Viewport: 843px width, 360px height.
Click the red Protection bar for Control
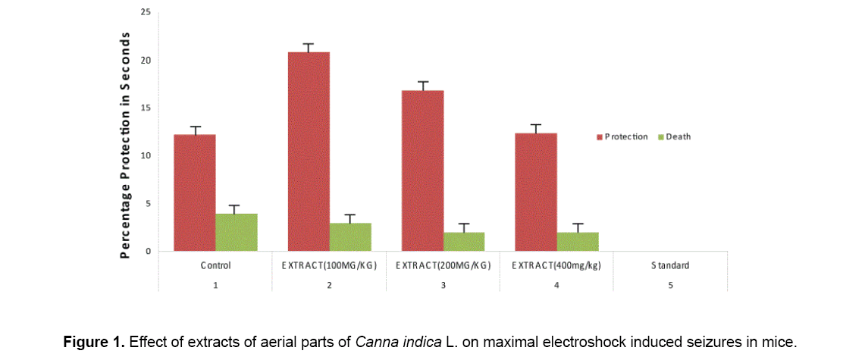(x=195, y=193)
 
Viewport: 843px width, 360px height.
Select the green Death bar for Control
(x=237, y=232)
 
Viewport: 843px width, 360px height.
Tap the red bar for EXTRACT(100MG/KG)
(x=309, y=151)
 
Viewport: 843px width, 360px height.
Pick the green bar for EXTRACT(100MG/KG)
(x=350, y=236)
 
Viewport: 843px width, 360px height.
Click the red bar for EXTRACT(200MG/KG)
(x=422, y=171)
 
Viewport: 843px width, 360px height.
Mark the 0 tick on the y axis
(x=148, y=251)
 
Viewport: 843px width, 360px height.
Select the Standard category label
(x=670, y=266)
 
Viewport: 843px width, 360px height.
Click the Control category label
(x=215, y=266)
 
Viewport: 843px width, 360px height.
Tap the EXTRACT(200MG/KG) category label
(x=443, y=266)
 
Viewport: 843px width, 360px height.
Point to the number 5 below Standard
(x=670, y=285)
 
